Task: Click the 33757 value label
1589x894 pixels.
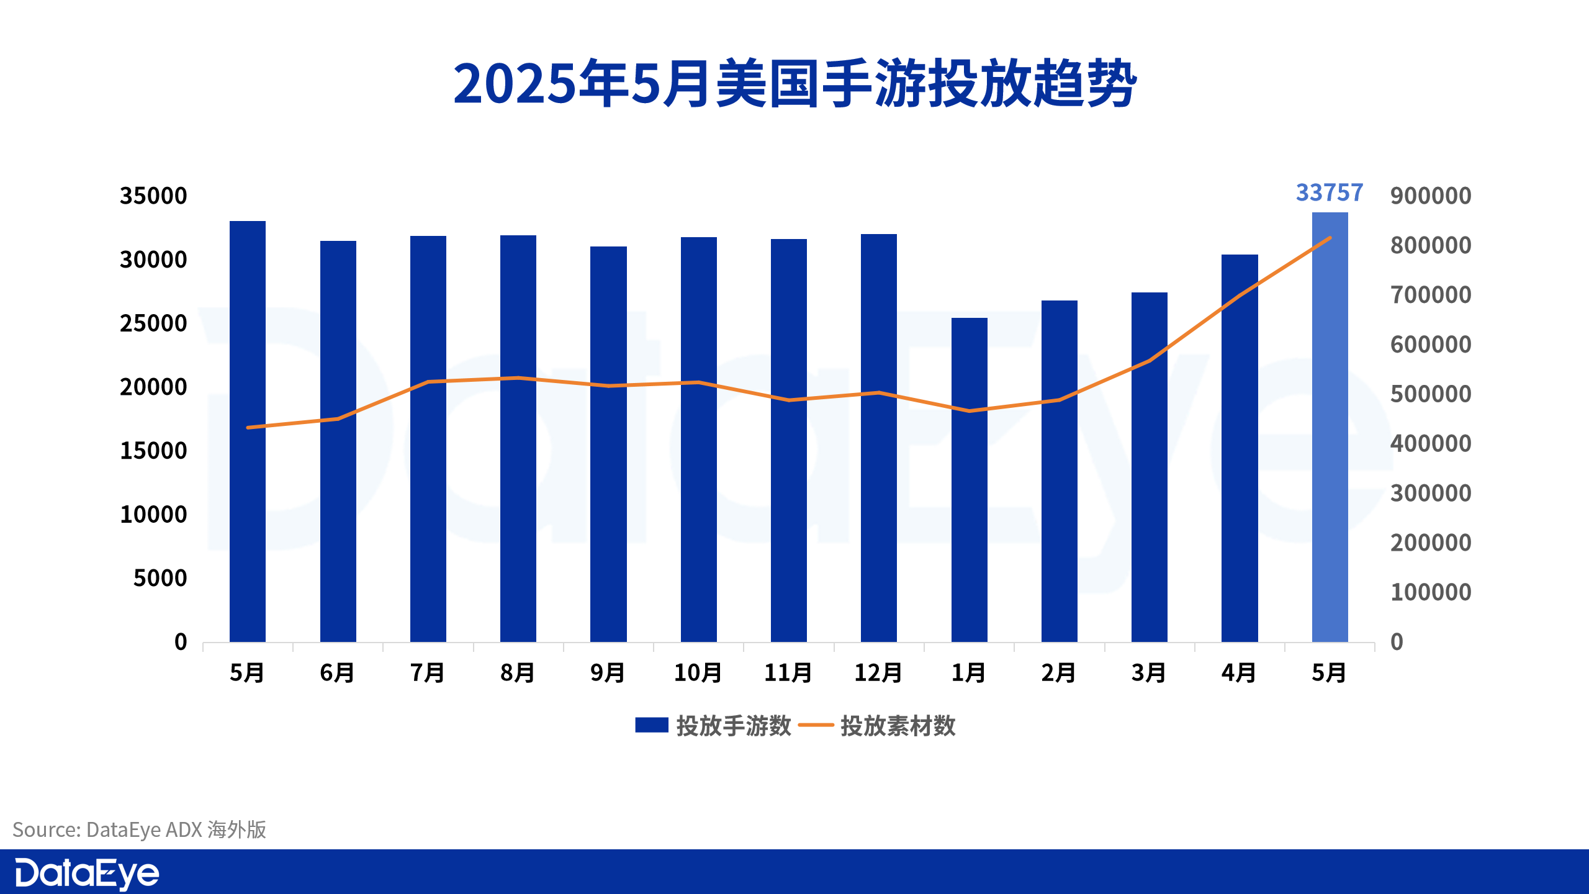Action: click(1330, 193)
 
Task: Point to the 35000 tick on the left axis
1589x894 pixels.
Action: click(153, 196)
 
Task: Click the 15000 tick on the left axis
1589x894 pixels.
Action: click(153, 451)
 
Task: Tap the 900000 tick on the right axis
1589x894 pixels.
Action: click(1431, 196)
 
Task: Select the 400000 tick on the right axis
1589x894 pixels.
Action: click(1431, 444)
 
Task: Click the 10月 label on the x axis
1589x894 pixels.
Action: click(698, 673)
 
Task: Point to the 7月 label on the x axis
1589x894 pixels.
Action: click(428, 673)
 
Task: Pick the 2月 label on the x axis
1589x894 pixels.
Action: click(1059, 673)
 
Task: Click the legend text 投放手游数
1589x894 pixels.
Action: click(734, 726)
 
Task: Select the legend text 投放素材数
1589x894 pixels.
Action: click(898, 726)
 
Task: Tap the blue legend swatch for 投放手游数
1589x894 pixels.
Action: click(652, 725)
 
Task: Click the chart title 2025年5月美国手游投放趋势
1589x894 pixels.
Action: click(794, 84)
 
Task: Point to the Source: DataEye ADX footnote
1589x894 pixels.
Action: click(140, 830)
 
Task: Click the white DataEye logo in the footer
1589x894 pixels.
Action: click(87, 874)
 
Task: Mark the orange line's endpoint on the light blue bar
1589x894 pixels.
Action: click(1330, 238)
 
